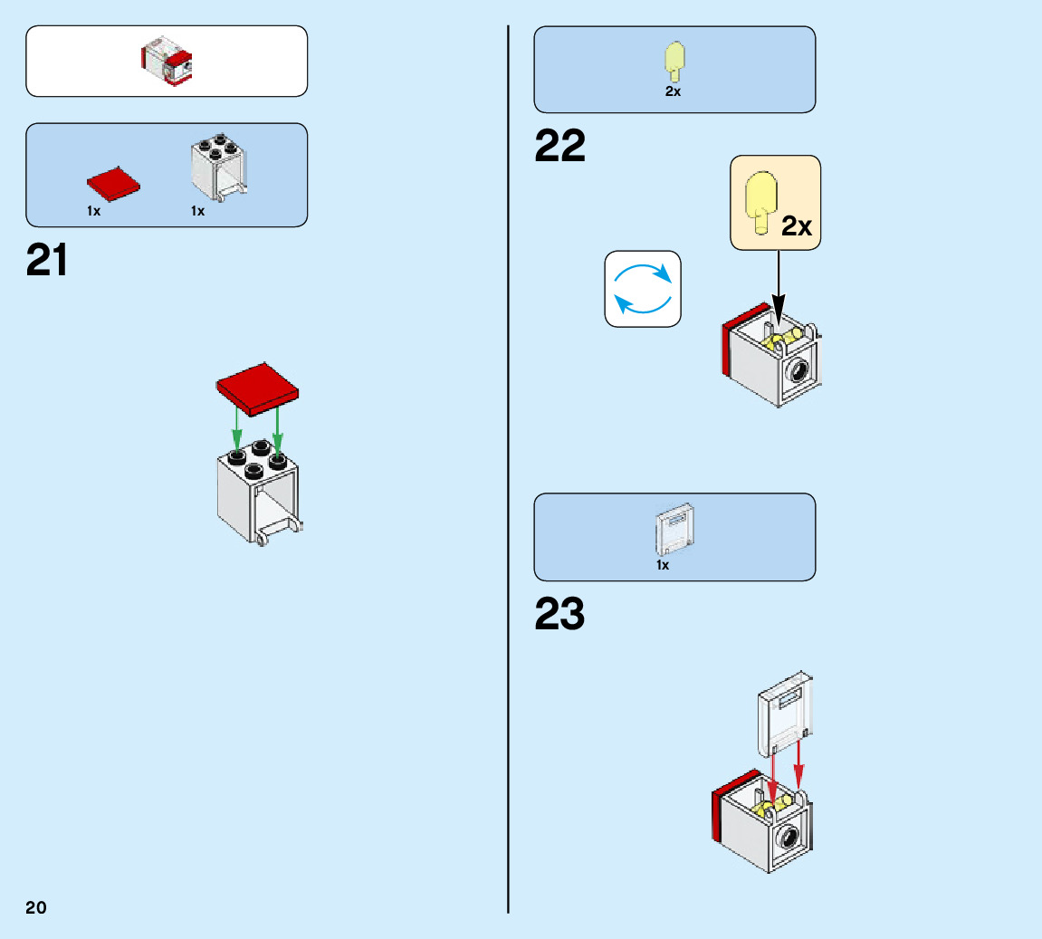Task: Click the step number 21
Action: click(47, 261)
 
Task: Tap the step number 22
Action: click(559, 146)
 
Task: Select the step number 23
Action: click(559, 614)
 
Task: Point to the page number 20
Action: click(36, 907)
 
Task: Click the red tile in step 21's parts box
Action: click(114, 183)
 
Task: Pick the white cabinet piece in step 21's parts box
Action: click(219, 169)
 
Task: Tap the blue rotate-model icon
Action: click(643, 289)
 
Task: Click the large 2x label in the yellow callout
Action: click(797, 226)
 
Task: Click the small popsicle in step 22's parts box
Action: click(673, 61)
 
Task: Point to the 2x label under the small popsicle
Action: click(673, 92)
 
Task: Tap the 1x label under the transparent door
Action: click(663, 565)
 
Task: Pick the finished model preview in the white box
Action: click(167, 62)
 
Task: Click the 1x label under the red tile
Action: click(94, 211)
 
